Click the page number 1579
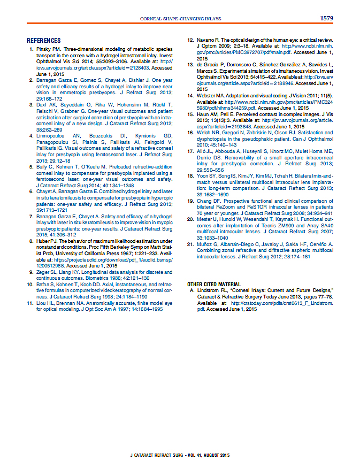coord(326,18)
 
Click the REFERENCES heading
coord(44,41)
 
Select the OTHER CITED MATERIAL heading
coord(214,284)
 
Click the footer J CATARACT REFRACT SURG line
coord(180,455)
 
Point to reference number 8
coord(32,242)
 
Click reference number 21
coord(190,244)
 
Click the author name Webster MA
coord(212,96)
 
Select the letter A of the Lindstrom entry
coord(190,290)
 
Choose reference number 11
coord(30,303)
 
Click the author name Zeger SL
coord(47,272)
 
